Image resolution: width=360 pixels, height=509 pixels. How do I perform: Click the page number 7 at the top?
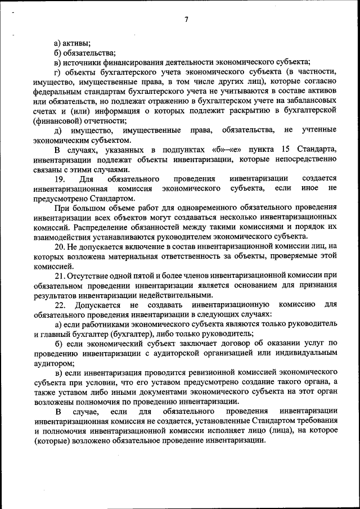click(x=186, y=20)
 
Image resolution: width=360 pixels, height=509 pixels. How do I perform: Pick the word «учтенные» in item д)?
click(x=318, y=130)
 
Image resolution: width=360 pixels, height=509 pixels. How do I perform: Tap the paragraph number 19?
click(x=60, y=179)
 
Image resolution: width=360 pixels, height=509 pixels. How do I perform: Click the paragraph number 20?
click(x=60, y=246)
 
